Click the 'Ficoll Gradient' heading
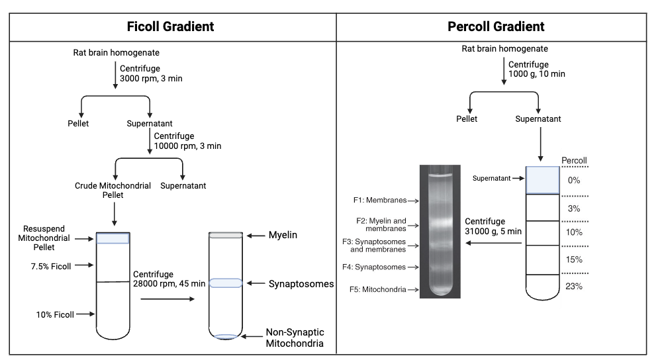[170, 27]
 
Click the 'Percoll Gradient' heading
[496, 27]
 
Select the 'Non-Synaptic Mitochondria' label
[295, 337]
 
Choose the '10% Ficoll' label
[55, 314]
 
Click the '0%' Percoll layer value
[574, 180]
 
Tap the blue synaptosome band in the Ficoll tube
[226, 283]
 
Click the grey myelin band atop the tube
[226, 235]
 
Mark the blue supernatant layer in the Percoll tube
[544, 180]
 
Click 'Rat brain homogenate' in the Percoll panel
[504, 49]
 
